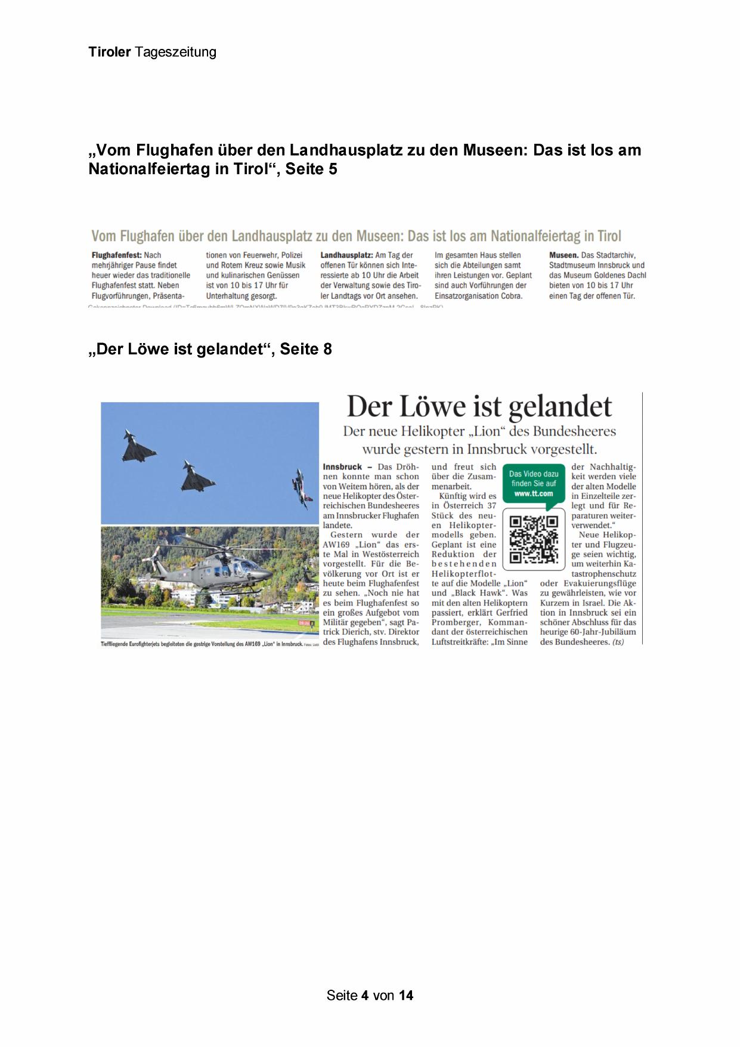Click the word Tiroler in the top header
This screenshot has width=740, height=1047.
click(x=110, y=52)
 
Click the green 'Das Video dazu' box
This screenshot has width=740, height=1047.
click(x=534, y=484)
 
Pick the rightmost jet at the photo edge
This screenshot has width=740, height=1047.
click(x=301, y=488)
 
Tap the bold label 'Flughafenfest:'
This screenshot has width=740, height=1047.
click(x=117, y=255)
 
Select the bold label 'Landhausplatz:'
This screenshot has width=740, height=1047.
click(x=346, y=255)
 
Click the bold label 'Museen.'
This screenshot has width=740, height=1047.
click(x=563, y=255)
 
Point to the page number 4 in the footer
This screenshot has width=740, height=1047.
click(x=364, y=995)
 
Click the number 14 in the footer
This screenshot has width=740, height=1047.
click(x=406, y=995)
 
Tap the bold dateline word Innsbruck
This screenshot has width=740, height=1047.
click(x=342, y=467)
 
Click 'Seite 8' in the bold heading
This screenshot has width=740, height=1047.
click(x=306, y=350)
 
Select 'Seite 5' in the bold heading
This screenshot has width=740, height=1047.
click(x=311, y=169)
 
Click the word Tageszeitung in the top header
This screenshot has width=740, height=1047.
click(x=175, y=52)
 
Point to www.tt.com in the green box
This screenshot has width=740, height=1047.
click(x=534, y=493)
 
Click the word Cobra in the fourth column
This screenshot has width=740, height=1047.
click(x=510, y=296)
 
